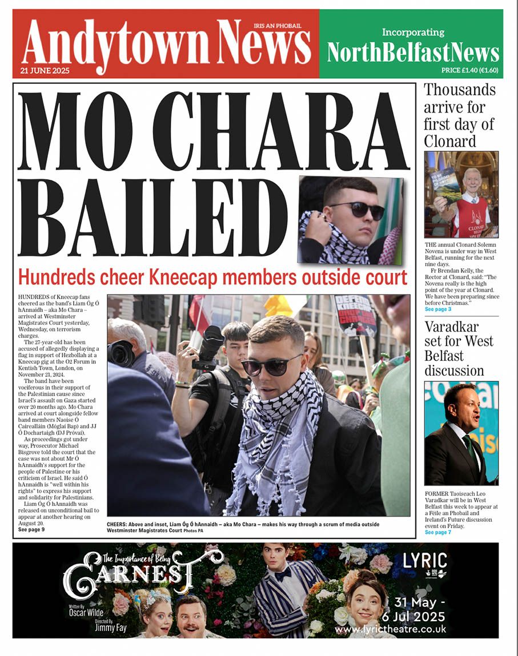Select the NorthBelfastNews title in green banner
[413, 53]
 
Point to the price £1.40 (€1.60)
[469, 71]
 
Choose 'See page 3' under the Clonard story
[437, 309]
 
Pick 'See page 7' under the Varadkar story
[437, 532]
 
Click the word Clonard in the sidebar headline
[449, 141]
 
